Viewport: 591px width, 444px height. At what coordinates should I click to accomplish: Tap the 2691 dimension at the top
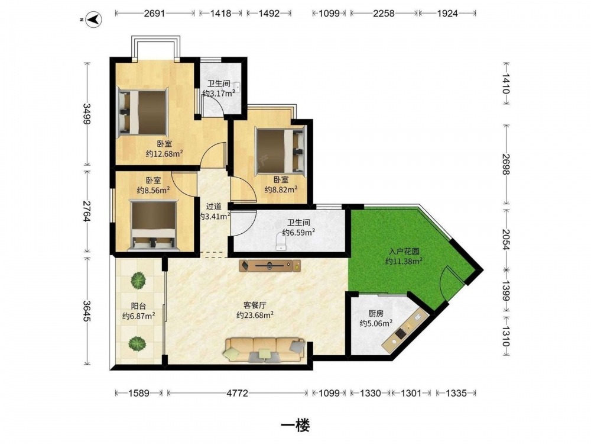click(154, 13)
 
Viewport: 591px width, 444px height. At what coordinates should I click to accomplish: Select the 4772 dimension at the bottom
click(237, 393)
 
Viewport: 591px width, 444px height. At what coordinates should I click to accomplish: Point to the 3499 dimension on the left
click(87, 114)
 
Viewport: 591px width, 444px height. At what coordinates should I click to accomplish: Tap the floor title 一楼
click(295, 426)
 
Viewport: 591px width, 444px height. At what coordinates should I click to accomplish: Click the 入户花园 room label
click(404, 252)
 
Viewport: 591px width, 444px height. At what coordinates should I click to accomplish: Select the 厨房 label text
click(376, 313)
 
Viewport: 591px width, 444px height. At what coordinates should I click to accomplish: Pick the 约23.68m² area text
click(255, 315)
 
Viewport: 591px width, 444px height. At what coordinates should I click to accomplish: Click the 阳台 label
click(138, 306)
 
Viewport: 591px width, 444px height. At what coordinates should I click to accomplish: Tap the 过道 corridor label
click(214, 207)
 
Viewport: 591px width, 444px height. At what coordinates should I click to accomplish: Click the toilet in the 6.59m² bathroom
click(281, 242)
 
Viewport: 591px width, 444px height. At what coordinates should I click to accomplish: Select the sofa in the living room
click(265, 350)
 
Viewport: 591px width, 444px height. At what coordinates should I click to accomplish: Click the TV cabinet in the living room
click(270, 265)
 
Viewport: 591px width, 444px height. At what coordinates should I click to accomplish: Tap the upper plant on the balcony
click(138, 281)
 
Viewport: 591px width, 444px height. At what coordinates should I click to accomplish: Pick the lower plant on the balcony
click(137, 343)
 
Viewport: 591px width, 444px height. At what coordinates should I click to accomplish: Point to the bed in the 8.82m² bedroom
click(280, 150)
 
